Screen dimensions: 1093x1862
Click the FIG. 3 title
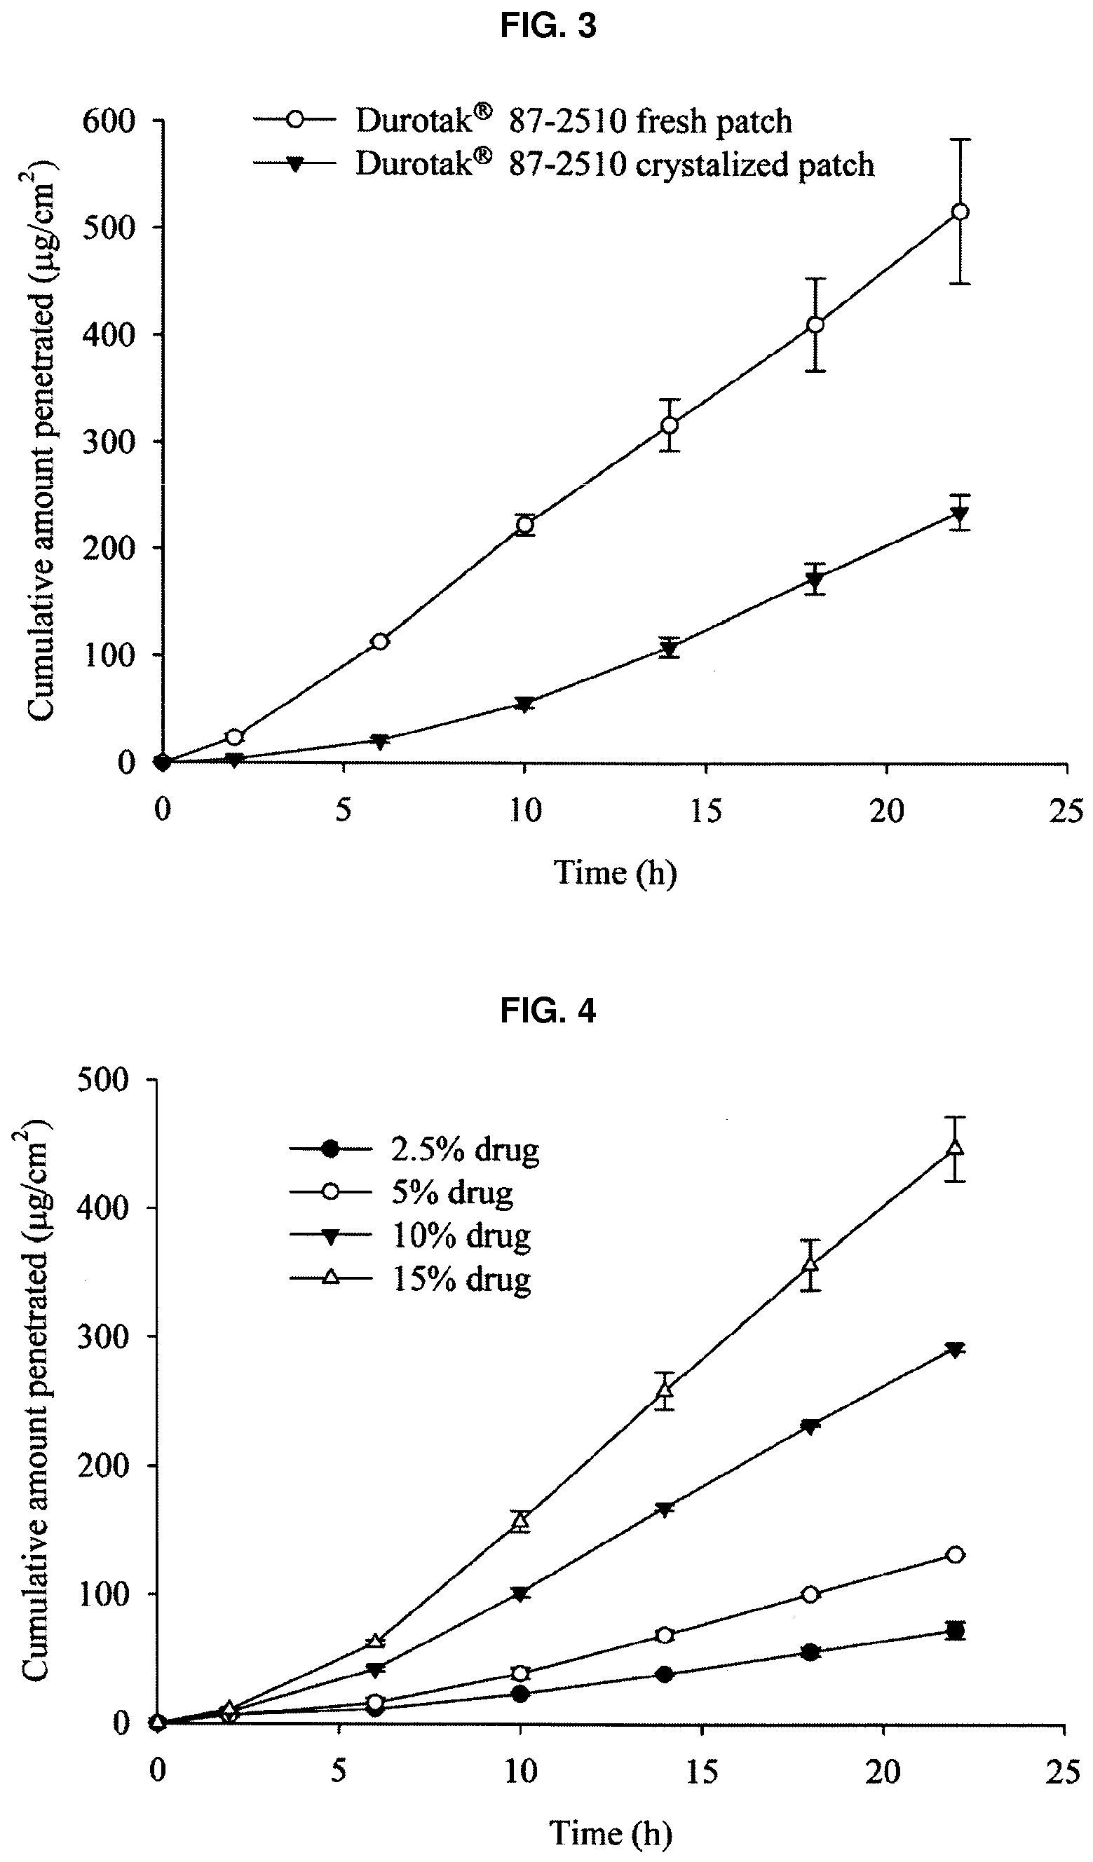(x=548, y=27)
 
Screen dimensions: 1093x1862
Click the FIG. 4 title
(x=548, y=1010)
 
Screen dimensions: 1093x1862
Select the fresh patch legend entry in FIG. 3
(x=522, y=121)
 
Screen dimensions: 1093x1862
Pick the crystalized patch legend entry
(x=564, y=164)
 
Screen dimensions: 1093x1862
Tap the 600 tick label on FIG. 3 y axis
(x=109, y=121)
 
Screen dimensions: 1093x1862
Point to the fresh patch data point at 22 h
(x=960, y=212)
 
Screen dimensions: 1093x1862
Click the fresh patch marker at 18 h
(x=815, y=324)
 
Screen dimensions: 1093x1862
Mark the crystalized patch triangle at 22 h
(x=960, y=515)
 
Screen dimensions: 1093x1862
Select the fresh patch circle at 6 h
(x=380, y=641)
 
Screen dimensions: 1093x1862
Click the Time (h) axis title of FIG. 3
(x=615, y=872)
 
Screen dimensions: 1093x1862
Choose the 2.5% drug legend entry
(x=414, y=1149)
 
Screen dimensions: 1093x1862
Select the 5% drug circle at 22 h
(x=955, y=1555)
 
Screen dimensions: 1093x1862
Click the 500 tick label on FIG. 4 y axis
(x=104, y=1080)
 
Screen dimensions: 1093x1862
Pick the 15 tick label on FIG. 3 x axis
(x=706, y=812)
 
